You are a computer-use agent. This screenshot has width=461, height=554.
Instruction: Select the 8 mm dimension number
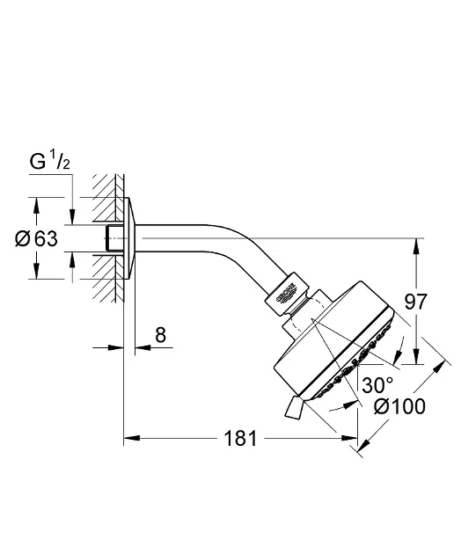pos(159,335)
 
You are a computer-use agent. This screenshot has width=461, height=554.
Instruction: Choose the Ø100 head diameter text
pos(400,406)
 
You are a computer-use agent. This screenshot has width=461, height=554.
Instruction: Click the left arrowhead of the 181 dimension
pos(128,437)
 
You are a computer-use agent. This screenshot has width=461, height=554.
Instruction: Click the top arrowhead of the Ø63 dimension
pos(36,204)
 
